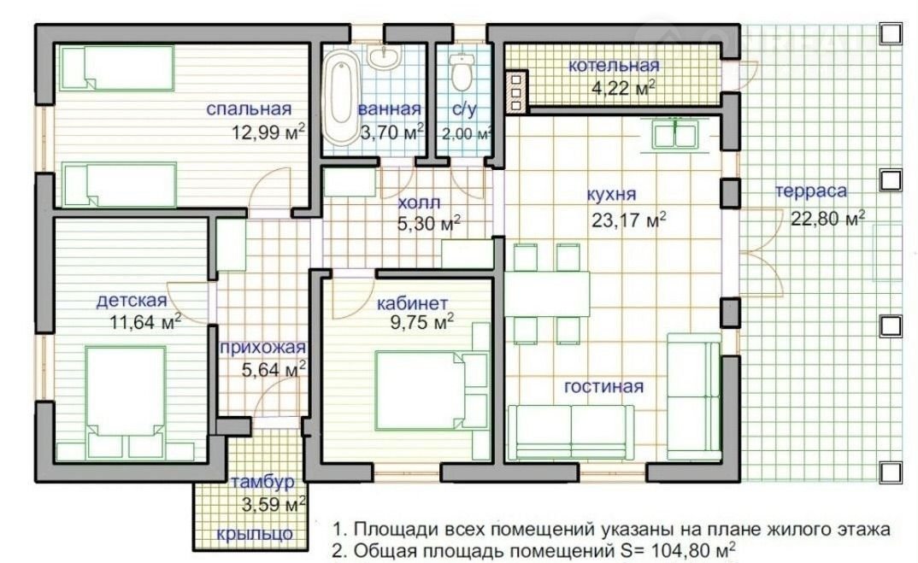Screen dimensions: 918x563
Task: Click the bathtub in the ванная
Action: pyautogui.click(x=341, y=97)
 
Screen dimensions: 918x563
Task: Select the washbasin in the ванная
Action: pyautogui.click(x=385, y=56)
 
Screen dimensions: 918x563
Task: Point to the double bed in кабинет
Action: pyautogui.click(x=432, y=390)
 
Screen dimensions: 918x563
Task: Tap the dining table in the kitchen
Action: pyautogui.click(x=547, y=294)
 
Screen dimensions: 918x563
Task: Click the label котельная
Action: pyautogui.click(x=614, y=66)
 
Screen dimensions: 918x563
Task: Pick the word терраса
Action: pyautogui.click(x=811, y=191)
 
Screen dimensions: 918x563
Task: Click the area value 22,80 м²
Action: pyautogui.click(x=828, y=219)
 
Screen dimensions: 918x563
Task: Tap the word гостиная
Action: pyautogui.click(x=603, y=386)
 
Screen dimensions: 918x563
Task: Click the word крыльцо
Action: pyautogui.click(x=255, y=534)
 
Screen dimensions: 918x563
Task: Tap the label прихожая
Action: pyautogui.click(x=263, y=348)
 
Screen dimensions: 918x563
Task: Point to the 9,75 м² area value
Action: pyautogui.click(x=422, y=322)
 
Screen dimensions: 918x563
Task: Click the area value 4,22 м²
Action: pyautogui.click(x=623, y=88)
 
